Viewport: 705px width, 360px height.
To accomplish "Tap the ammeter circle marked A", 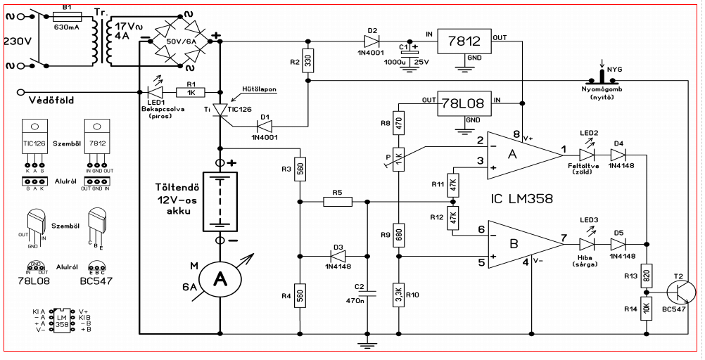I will [x=220, y=278].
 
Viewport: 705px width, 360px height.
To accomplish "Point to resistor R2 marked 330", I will [x=307, y=61].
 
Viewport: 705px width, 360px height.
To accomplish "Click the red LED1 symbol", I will [x=154, y=93].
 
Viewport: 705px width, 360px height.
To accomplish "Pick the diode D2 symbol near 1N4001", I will [x=372, y=41].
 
